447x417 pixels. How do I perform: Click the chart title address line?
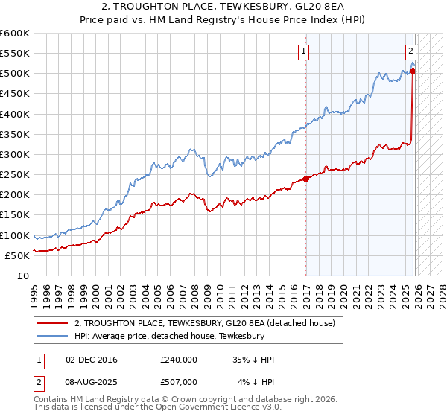[x=223, y=7]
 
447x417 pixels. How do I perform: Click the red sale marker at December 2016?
[x=306, y=179]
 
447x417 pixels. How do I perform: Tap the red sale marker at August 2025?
[x=413, y=71]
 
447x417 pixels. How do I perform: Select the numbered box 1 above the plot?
[x=305, y=51]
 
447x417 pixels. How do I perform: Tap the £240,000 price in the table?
[x=179, y=359]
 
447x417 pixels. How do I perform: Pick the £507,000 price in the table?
[x=179, y=381]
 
